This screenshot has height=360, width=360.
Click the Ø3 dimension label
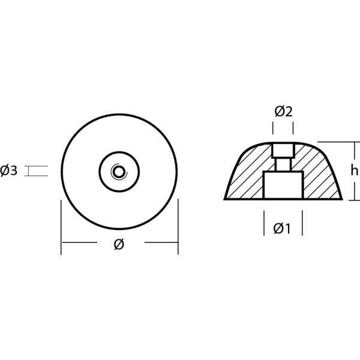point(10,172)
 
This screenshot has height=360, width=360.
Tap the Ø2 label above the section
point(283,111)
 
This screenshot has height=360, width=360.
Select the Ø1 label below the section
point(282,228)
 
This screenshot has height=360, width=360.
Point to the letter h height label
point(354,170)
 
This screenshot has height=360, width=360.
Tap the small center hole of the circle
point(119,172)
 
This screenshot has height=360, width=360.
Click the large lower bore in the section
point(283,185)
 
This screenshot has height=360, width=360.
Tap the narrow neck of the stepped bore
point(283,163)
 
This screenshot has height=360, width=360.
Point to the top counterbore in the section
point(283,149)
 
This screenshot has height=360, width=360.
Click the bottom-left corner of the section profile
point(226,199)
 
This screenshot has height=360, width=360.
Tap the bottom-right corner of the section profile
point(341,199)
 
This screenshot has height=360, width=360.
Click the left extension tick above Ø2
point(274,128)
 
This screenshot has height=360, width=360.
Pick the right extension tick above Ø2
point(293,128)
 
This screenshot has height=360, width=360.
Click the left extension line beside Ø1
point(264,222)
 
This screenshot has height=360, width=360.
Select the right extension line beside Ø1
point(302,222)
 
